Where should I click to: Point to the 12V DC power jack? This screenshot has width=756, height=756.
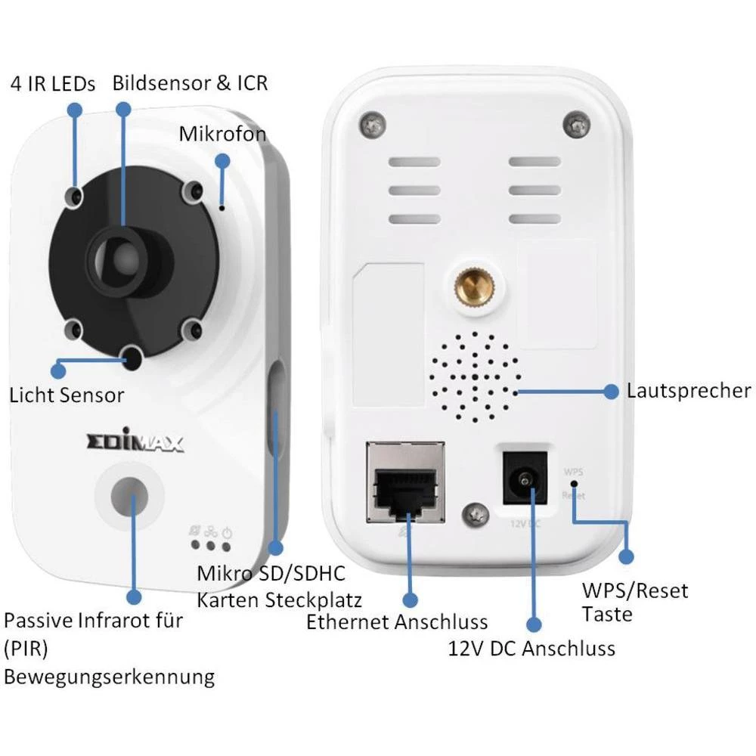pyautogui.click(x=525, y=478)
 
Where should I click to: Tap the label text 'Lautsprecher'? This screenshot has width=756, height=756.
pyautogui.click(x=689, y=391)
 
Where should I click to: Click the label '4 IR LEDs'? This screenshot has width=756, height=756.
pyautogui.click(x=53, y=83)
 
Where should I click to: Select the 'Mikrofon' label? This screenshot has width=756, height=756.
pyautogui.click(x=222, y=134)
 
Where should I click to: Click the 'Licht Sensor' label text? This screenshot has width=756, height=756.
pyautogui.click(x=67, y=395)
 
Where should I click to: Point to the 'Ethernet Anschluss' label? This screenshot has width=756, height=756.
pyautogui.click(x=397, y=623)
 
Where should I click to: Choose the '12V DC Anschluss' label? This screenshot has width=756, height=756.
pyautogui.click(x=531, y=648)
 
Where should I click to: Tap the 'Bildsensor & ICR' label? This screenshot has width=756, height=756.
pyautogui.click(x=190, y=82)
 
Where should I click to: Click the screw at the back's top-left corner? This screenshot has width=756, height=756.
pyautogui.click(x=370, y=122)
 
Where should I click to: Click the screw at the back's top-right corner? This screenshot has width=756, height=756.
pyautogui.click(x=578, y=121)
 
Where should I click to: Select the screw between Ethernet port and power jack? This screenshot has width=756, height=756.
pyautogui.click(x=475, y=514)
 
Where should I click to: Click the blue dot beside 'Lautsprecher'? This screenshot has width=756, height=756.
pyautogui.click(x=612, y=392)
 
